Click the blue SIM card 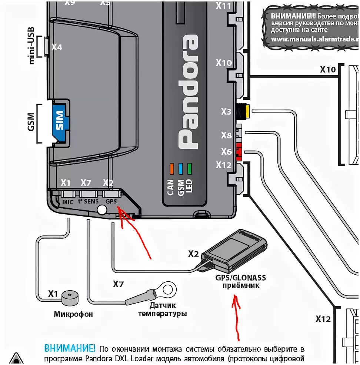click(x=59, y=120)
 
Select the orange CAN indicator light click(x=171, y=168)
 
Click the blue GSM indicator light click(x=181, y=168)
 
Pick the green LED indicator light click(x=190, y=168)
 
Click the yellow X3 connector click(x=245, y=110)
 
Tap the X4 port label click(x=57, y=47)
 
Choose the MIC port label click(x=68, y=202)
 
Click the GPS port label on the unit click(x=111, y=202)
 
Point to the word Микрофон click(x=73, y=314)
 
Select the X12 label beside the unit click(x=224, y=165)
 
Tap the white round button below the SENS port click(x=102, y=210)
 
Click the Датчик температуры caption click(x=162, y=309)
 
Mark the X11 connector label click(x=224, y=6)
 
